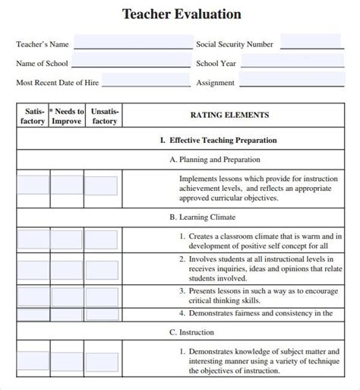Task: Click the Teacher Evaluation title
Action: pyautogui.click(x=182, y=14)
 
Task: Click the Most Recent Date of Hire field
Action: pyautogui.click(x=146, y=81)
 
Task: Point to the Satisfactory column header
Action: pyautogui.click(x=33, y=116)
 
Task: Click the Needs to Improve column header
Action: pyautogui.click(x=67, y=116)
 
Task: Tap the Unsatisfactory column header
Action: pyautogui.click(x=103, y=116)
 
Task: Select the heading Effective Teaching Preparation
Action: pyautogui.click(x=218, y=140)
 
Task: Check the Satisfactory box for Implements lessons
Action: pyautogui.click(x=33, y=185)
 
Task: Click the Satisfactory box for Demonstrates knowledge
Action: pyautogui.click(x=33, y=360)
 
